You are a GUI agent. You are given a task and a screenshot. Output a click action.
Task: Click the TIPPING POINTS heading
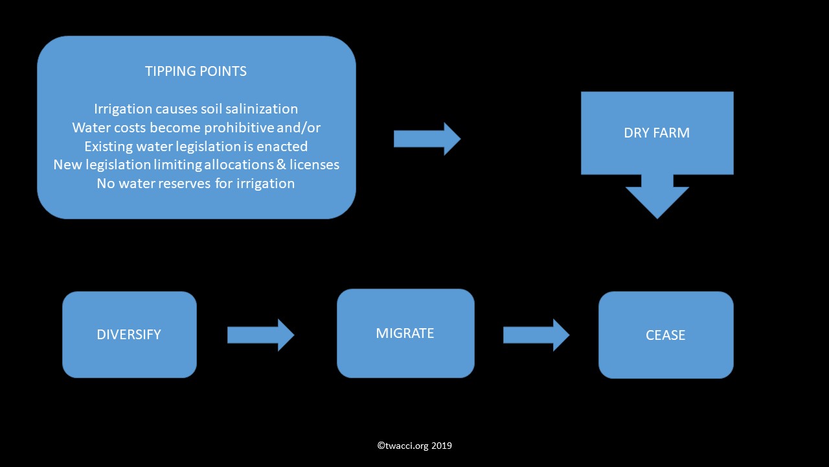click(x=196, y=71)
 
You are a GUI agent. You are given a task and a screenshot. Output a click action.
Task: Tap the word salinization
click(x=262, y=109)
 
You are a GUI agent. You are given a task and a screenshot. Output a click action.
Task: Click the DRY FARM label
click(x=657, y=133)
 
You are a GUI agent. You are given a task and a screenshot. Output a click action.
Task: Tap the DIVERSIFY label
click(x=129, y=335)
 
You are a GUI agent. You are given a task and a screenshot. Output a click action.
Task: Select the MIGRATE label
click(x=405, y=333)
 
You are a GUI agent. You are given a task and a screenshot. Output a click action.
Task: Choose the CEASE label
click(x=665, y=335)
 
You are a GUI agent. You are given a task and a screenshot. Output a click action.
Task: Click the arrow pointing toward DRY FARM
click(x=427, y=139)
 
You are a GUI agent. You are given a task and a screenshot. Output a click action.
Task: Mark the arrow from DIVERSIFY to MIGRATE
click(x=260, y=335)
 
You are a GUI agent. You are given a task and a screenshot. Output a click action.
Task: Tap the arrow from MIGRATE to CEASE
click(x=536, y=335)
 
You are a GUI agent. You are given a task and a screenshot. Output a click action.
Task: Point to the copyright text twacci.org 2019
click(x=414, y=446)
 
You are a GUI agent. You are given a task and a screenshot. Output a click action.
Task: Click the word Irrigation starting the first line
click(x=123, y=110)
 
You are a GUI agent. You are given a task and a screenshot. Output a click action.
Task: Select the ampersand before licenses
click(x=281, y=165)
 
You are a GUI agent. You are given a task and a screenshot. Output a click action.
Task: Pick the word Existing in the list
click(x=108, y=147)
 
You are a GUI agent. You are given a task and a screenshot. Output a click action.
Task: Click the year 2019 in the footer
click(x=442, y=446)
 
